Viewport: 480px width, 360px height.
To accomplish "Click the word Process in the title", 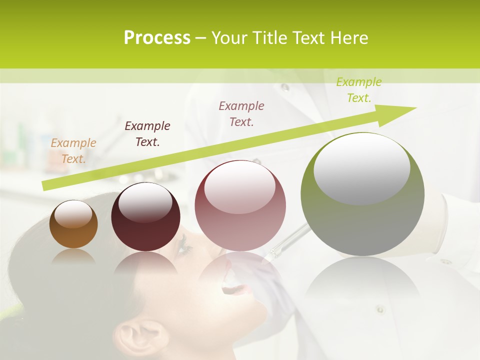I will tap(157, 38).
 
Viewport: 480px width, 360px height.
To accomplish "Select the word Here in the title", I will tap(348, 38).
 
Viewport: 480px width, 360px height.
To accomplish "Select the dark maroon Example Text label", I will tap(147, 134).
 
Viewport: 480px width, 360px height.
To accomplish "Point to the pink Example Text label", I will tap(241, 113).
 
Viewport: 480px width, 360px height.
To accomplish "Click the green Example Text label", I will tap(359, 90).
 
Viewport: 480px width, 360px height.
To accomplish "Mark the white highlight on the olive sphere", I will tap(361, 168).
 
